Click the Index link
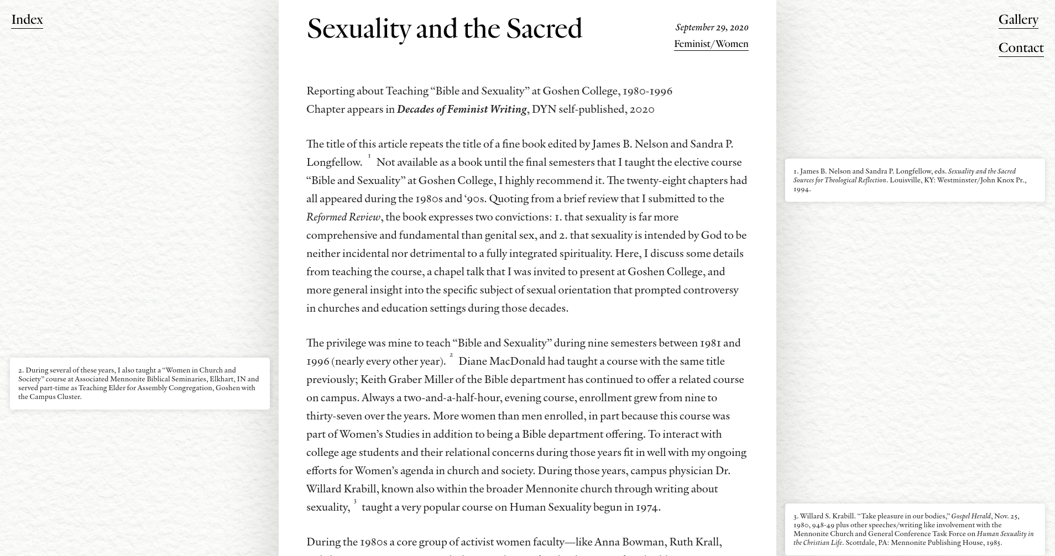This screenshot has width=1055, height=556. click(x=27, y=20)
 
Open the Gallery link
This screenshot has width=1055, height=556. click(x=1018, y=20)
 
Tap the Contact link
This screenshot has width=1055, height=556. click(x=1021, y=48)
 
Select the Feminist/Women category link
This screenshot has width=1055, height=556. click(x=711, y=44)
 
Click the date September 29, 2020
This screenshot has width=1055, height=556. click(x=712, y=28)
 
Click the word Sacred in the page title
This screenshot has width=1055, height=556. click(x=544, y=29)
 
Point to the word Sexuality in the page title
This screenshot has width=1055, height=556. click(x=358, y=29)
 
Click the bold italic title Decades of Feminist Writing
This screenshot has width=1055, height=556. click(x=462, y=109)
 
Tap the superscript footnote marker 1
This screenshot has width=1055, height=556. click(x=369, y=157)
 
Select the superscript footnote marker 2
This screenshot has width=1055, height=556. click(x=451, y=355)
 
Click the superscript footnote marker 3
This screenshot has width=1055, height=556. click(x=355, y=502)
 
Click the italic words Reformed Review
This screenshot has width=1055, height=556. click(x=343, y=217)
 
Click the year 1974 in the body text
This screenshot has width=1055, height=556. click(x=646, y=507)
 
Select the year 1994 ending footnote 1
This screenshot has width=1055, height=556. click(x=801, y=189)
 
